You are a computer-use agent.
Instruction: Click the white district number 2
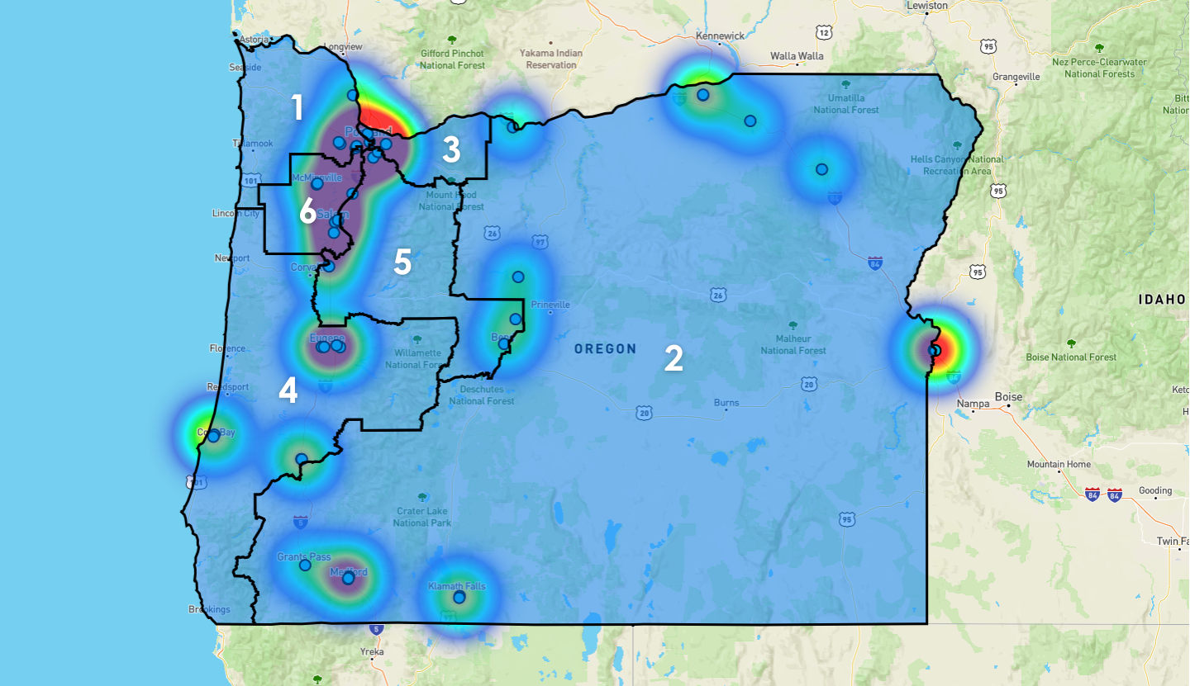pyautogui.click(x=674, y=358)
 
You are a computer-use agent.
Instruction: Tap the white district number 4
pyautogui.click(x=288, y=390)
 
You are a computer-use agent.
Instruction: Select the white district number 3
pyautogui.click(x=450, y=150)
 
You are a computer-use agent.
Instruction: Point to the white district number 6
pyautogui.click(x=307, y=212)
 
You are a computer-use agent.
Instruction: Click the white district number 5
pyautogui.click(x=402, y=262)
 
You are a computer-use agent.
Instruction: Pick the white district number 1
pyautogui.click(x=297, y=107)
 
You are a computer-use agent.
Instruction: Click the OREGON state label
pyautogui.click(x=606, y=349)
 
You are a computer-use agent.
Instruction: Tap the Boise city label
pyautogui.click(x=1008, y=397)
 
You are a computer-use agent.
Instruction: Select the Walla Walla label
pyautogui.click(x=797, y=57)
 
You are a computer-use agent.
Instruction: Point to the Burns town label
pyautogui.click(x=726, y=403)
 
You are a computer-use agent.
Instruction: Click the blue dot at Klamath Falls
pyautogui.click(x=459, y=597)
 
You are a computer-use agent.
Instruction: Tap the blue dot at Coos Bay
pyautogui.click(x=213, y=436)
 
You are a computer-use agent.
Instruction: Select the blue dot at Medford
pyautogui.click(x=348, y=578)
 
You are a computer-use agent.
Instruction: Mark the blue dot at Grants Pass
pyautogui.click(x=305, y=565)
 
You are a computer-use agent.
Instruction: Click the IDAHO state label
pyautogui.click(x=1164, y=300)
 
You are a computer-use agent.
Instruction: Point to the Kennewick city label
pyautogui.click(x=720, y=36)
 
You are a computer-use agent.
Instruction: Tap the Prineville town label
pyautogui.click(x=550, y=305)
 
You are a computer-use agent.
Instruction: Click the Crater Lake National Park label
pyautogui.click(x=422, y=517)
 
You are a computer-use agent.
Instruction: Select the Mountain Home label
pyautogui.click(x=1058, y=465)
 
